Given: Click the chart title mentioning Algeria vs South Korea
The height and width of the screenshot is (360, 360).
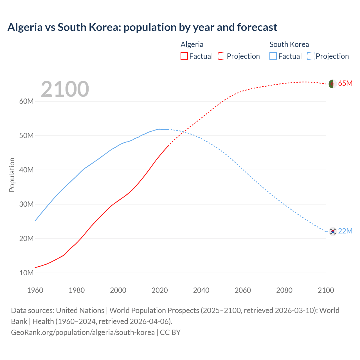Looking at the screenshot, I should pos(142,27).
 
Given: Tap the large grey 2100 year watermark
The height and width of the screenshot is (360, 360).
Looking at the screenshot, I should pos(65,89).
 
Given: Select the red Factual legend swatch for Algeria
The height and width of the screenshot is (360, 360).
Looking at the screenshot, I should pos(184,56).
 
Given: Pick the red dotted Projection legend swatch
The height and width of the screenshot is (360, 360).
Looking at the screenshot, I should pos(222,56).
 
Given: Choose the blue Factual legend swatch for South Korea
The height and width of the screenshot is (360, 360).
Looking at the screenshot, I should pos(273,56).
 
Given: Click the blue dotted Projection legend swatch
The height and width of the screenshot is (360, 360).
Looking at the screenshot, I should pos(311,56).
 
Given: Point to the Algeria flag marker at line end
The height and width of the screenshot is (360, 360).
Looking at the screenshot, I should pos(333,84).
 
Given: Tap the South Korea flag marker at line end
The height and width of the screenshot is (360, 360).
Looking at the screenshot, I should pos(333,231).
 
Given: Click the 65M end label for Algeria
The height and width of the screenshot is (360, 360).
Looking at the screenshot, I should pos(345,83).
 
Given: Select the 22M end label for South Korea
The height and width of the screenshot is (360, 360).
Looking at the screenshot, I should pos(345,231).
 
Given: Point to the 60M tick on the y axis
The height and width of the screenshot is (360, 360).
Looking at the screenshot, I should pos(26,101).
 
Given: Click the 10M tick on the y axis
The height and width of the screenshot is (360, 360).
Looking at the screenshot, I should pos(26,273).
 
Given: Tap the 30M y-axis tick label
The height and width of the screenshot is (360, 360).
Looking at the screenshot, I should pos(26,204).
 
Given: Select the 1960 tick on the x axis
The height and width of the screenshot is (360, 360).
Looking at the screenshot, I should pos(35,290).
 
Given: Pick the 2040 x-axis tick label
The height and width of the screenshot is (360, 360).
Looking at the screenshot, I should pos(201,290).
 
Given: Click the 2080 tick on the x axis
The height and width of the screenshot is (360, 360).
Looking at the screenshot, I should pos(284,290).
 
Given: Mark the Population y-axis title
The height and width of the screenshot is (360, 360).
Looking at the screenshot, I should pos(12,175).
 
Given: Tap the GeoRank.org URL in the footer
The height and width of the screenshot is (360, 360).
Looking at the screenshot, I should pos(83,332).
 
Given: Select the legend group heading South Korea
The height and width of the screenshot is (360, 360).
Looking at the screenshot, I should pos(289,44).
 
